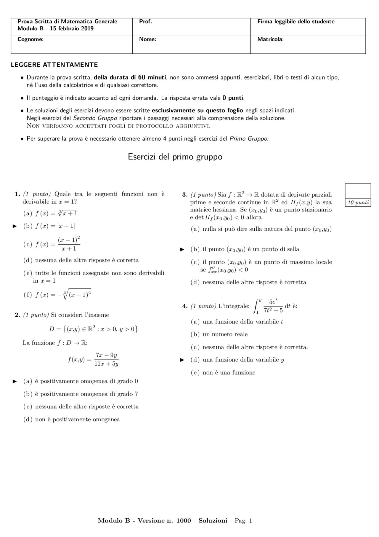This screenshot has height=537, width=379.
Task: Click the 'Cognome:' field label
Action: click(x=30, y=39)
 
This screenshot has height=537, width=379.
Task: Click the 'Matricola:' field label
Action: click(x=270, y=39)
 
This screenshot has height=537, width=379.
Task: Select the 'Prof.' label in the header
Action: click(x=145, y=21)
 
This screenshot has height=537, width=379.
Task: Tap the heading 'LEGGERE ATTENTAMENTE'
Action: click(x=54, y=65)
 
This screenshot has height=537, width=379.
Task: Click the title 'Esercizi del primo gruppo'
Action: click(x=175, y=157)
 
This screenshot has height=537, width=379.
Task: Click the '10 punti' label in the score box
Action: click(x=358, y=203)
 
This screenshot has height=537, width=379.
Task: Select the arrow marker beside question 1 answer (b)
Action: click(x=15, y=226)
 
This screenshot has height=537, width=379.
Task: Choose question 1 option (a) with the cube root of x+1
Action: click(x=50, y=213)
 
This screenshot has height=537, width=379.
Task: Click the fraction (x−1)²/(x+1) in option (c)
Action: click(x=69, y=244)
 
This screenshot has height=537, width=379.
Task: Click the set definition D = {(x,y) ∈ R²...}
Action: click(x=93, y=329)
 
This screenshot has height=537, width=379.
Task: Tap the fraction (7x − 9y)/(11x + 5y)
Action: click(x=106, y=359)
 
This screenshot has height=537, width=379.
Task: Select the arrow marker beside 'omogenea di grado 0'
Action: click(x=15, y=381)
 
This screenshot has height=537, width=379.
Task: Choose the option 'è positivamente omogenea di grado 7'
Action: click(x=81, y=394)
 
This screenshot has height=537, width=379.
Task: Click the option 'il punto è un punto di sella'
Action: click(x=245, y=249)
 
